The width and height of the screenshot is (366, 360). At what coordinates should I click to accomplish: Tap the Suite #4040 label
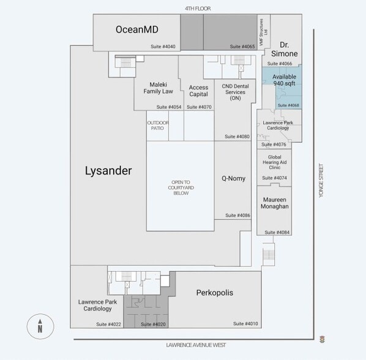163,47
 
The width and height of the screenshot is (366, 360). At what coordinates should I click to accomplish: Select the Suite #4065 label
242,47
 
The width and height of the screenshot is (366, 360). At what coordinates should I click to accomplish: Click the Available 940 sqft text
285,81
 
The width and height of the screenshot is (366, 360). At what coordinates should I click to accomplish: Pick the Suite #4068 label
289,105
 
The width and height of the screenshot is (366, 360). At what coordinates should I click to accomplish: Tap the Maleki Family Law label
159,88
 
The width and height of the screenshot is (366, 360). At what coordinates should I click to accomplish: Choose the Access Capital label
198,91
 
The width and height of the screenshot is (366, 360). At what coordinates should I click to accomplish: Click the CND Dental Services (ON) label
235,92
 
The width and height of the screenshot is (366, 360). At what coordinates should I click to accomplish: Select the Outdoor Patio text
157,124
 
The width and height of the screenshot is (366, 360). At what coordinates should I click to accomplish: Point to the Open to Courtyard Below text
181,187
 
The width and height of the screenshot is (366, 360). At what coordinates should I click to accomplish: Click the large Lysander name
108,171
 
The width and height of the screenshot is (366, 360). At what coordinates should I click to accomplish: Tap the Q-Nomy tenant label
233,179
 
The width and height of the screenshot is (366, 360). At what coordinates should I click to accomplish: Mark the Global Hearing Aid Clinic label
275,162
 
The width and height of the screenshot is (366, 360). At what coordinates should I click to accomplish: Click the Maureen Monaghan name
275,203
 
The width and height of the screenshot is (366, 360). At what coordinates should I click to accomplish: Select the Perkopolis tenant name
214,293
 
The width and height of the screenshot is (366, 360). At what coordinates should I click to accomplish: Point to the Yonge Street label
320,180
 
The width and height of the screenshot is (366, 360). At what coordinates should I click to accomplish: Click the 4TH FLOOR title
198,8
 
